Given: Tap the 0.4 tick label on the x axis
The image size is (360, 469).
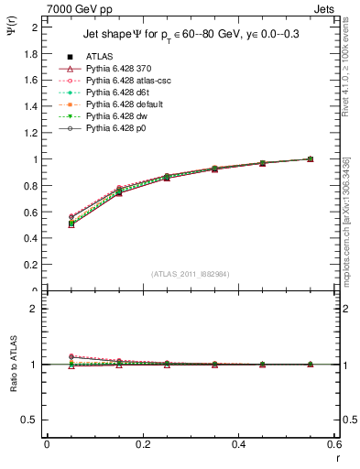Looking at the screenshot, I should pyautogui.click(x=238, y=444).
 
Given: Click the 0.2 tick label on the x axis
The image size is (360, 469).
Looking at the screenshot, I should pyautogui.click(x=142, y=444).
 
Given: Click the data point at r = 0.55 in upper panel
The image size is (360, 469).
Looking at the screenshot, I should pyautogui.click(x=310, y=158).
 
